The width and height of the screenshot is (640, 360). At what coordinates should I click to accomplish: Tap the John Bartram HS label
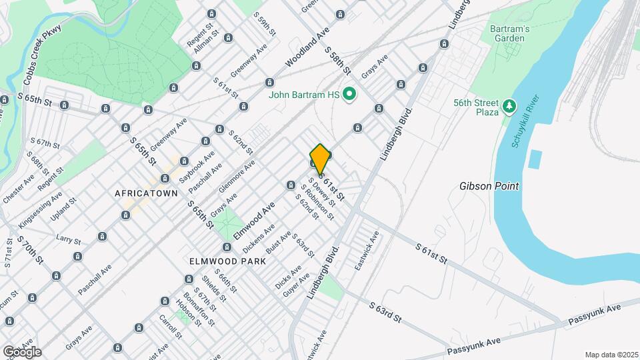click(305, 95)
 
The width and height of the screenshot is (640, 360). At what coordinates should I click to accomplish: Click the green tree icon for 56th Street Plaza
click(509, 106)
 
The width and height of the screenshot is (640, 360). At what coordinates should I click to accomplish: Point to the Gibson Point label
click(489, 186)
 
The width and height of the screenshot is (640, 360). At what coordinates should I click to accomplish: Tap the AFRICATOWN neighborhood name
click(146, 193)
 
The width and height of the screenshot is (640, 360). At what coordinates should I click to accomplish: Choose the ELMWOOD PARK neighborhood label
click(227, 261)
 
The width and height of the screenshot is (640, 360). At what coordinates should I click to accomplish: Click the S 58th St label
click(337, 60)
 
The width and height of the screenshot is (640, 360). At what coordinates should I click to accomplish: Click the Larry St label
click(68, 239)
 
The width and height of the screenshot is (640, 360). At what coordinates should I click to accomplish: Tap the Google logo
click(22, 351)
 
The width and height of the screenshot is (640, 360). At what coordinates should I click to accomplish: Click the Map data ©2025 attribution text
click(611, 355)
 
